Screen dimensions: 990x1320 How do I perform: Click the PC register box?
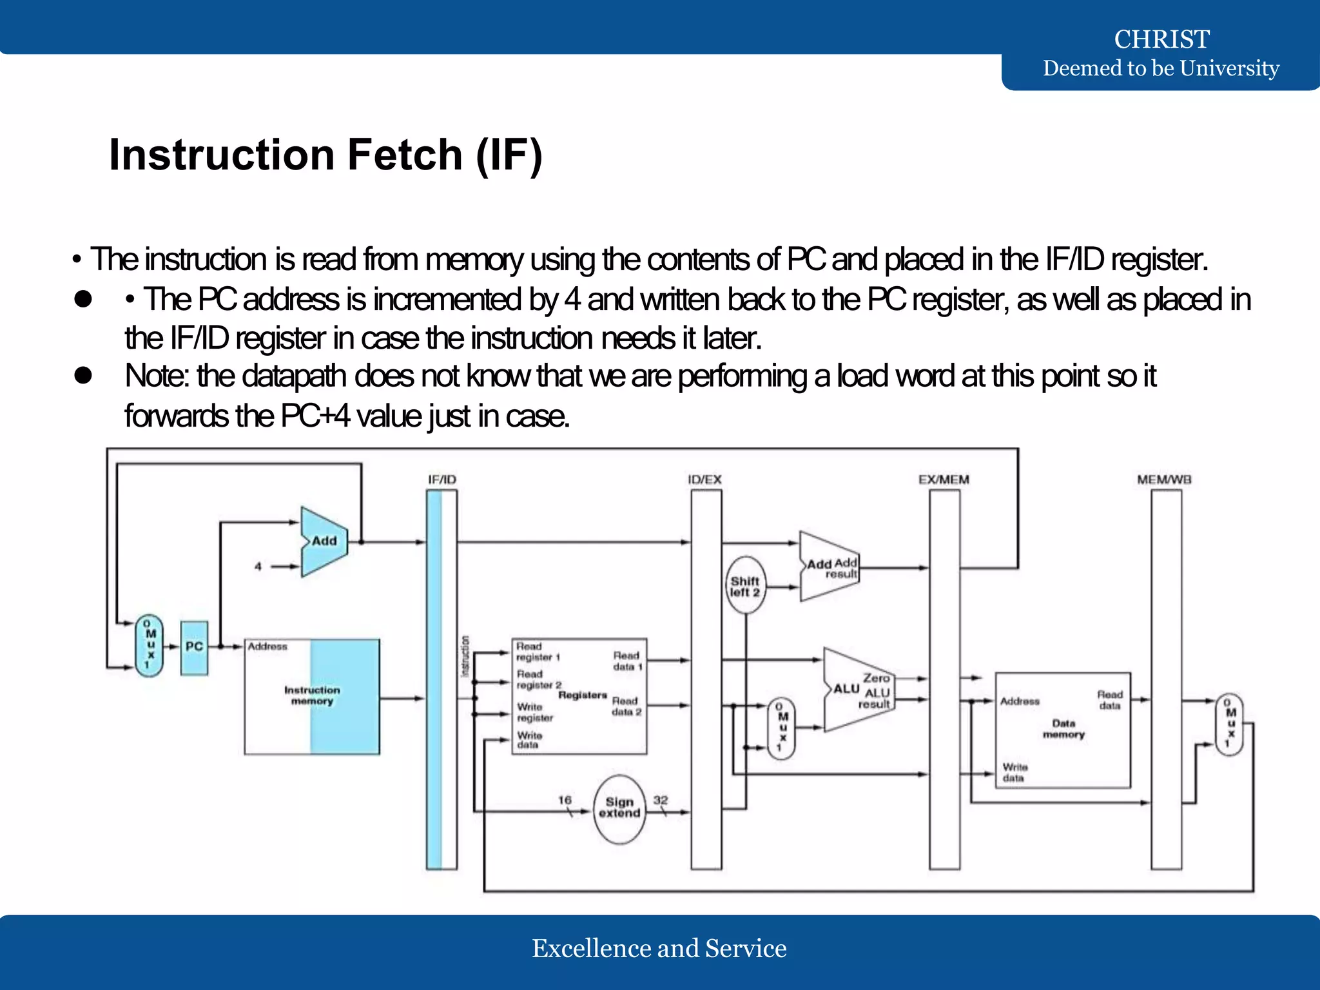(x=194, y=647)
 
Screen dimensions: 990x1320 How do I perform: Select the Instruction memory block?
(x=312, y=696)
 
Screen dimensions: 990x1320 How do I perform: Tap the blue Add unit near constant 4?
(x=324, y=541)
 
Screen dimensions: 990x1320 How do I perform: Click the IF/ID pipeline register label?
(x=442, y=480)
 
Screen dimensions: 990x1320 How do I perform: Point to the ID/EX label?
(x=704, y=480)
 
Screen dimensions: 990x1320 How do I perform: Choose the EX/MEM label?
(x=944, y=480)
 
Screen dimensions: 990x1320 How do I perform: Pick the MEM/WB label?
(x=1164, y=480)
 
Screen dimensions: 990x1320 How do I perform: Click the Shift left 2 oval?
(x=745, y=586)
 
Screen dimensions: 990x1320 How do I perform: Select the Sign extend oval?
(x=619, y=808)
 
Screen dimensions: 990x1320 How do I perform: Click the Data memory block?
(x=1063, y=729)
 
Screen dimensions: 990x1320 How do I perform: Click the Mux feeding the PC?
(x=149, y=645)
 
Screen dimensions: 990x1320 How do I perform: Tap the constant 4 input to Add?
(x=258, y=567)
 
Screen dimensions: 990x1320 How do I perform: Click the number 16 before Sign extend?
(x=565, y=800)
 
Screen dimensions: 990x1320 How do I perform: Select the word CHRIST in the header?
(x=1161, y=39)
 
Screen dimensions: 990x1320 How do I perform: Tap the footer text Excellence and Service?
(x=659, y=948)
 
